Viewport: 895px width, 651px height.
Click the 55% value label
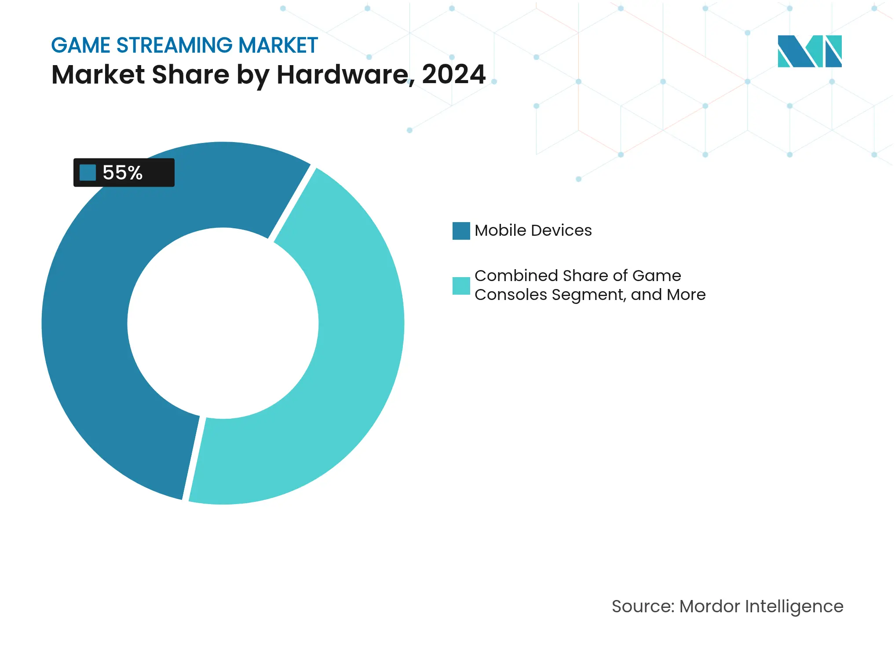(x=123, y=173)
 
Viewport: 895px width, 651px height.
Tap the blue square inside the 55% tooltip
(x=88, y=173)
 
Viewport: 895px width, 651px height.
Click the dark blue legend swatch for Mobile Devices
(x=461, y=231)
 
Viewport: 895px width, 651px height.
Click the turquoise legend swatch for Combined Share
(x=461, y=286)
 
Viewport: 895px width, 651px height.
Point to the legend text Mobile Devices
(x=533, y=230)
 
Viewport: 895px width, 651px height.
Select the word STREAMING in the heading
(x=174, y=45)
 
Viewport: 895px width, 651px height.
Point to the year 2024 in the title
(x=453, y=74)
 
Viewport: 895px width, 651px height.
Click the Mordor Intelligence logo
(x=809, y=51)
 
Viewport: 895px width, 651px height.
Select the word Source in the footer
(x=643, y=607)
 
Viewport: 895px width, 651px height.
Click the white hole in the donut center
(x=223, y=323)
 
